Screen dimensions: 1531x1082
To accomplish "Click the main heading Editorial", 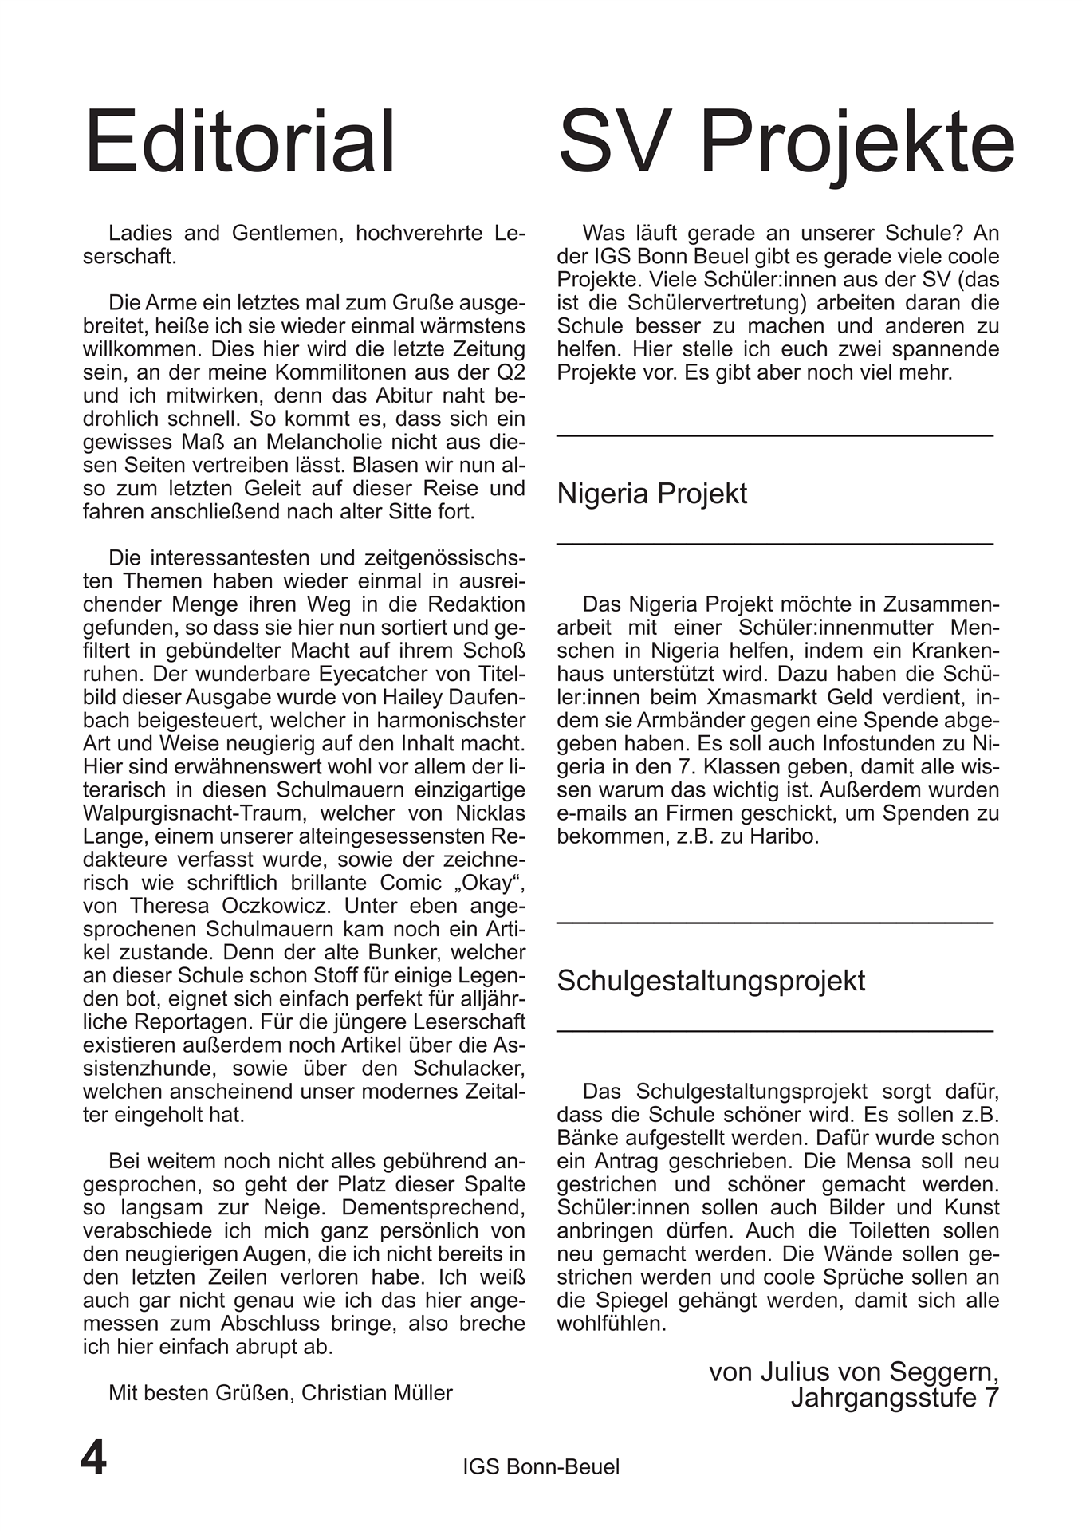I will tap(239, 144).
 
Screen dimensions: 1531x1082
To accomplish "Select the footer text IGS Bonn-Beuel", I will tap(541, 1466).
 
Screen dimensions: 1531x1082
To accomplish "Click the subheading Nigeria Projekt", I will tap(651, 494).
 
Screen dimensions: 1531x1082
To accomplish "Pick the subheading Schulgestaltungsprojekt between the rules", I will tap(710, 981).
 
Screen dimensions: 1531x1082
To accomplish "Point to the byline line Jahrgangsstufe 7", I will tap(894, 1399).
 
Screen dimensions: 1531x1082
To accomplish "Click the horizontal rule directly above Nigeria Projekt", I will tap(774, 435).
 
